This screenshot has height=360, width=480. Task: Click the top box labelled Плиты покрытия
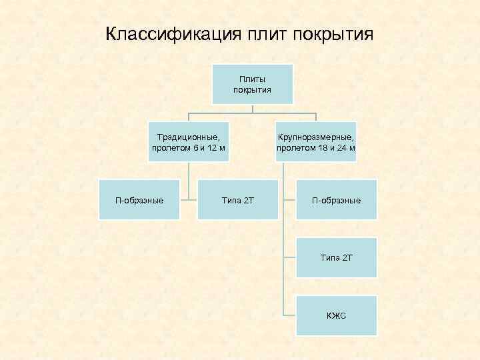tap(252, 84)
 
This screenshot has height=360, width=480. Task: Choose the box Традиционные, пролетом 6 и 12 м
tap(189, 141)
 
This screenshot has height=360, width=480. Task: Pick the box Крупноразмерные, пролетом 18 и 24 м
tap(316, 141)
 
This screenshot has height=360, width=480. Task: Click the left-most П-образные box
tap(139, 200)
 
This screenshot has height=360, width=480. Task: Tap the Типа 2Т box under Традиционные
tap(237, 200)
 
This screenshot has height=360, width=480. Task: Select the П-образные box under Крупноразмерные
tap(336, 200)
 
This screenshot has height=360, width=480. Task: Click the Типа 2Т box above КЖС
tap(336, 257)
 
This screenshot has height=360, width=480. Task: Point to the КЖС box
tap(336, 315)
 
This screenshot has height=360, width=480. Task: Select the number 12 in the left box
tap(213, 147)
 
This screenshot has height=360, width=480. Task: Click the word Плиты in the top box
tap(252, 79)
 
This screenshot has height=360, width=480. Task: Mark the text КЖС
tap(336, 315)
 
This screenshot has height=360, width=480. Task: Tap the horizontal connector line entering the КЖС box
tap(289, 315)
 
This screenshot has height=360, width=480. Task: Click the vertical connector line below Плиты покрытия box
tap(252, 108)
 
